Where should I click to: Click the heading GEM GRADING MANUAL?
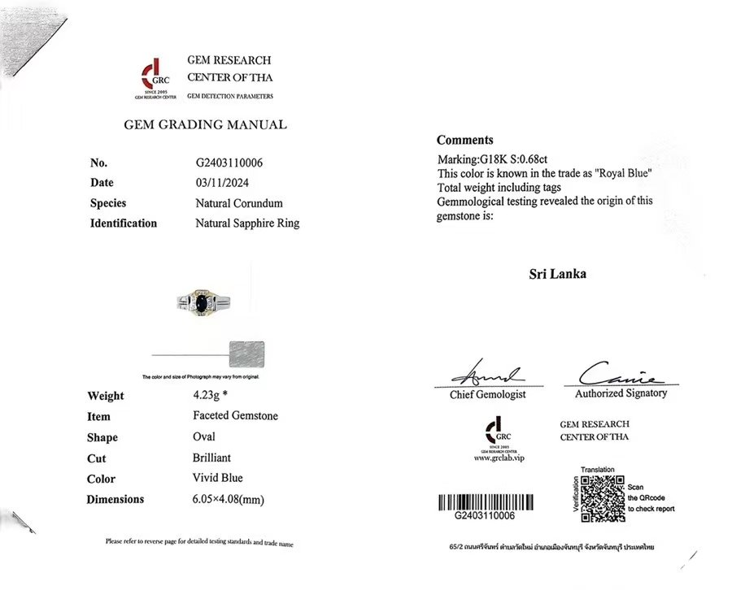pos(205,125)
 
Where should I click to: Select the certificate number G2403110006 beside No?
pos(229,163)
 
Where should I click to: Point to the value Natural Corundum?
pos(239,203)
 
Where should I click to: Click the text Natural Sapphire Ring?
pos(247,223)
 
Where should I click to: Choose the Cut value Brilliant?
pos(206,458)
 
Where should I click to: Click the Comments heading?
pos(464,140)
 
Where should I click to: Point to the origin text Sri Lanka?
pos(557,274)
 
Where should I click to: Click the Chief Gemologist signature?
pos(487,375)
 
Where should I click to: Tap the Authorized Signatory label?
pos(621,393)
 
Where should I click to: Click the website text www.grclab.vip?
pos(499,458)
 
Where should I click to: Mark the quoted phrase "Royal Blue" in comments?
pos(624,174)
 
